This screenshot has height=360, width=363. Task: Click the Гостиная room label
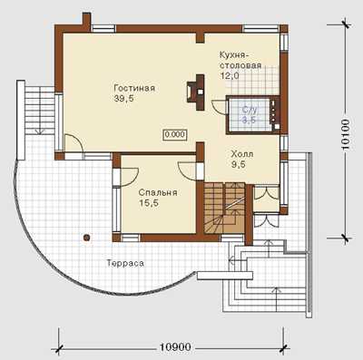(134, 88)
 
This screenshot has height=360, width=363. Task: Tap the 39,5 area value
(124, 99)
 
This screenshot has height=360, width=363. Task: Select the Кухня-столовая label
(240, 61)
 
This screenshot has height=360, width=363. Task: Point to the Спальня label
(158, 193)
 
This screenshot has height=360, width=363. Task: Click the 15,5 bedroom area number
(149, 203)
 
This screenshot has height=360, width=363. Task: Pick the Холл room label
(242, 154)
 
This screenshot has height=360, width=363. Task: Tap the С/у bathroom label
(249, 110)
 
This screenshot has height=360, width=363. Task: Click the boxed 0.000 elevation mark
(175, 135)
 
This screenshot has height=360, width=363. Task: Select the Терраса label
(125, 263)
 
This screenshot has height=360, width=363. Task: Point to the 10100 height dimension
(345, 134)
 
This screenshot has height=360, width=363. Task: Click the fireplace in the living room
(195, 92)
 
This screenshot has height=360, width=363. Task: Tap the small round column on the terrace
(87, 238)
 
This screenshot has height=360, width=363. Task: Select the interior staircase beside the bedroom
(224, 208)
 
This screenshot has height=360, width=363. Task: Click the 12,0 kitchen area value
(230, 75)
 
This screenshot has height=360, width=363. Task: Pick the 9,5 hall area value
(239, 164)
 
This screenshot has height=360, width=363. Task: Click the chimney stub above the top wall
(86, 22)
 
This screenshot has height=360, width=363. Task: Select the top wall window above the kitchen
(260, 29)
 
